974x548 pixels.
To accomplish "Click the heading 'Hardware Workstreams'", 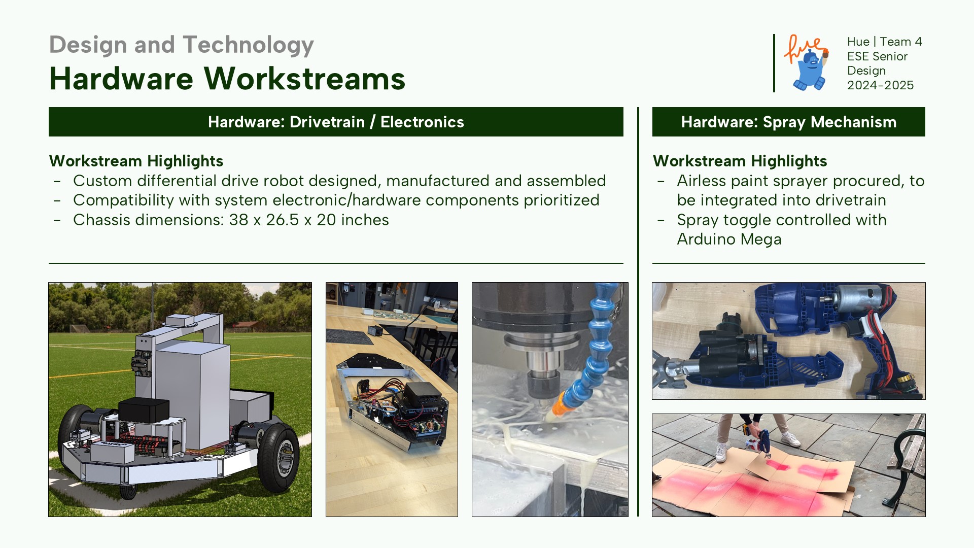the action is [x=227, y=79].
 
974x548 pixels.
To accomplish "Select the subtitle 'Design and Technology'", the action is [x=182, y=45].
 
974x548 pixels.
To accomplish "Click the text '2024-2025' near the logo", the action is [x=880, y=85].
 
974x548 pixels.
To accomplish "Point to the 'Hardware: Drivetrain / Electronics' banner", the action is [x=336, y=122].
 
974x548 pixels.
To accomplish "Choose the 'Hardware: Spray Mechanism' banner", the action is [x=789, y=122].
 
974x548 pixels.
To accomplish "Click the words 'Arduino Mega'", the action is [x=729, y=239].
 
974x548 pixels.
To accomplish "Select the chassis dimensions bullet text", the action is [x=231, y=220].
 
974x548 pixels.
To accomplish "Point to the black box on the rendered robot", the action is [x=144, y=409].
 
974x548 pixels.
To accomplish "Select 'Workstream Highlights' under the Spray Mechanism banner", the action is [x=740, y=161].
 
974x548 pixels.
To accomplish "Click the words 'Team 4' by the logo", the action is [x=901, y=42].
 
